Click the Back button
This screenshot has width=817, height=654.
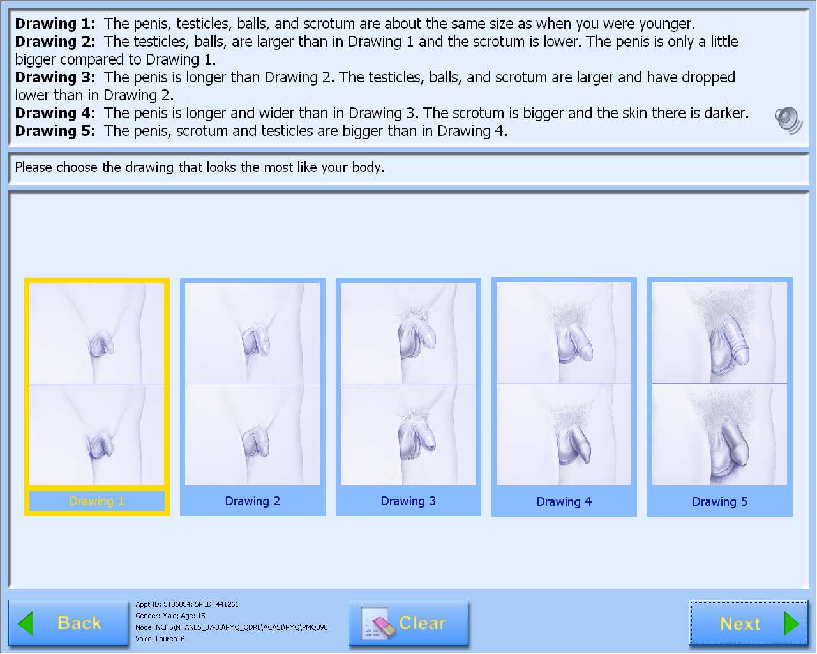click(68, 623)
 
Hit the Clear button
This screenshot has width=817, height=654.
click(408, 623)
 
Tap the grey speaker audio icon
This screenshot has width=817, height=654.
click(788, 121)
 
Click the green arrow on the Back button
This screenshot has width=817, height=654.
click(26, 623)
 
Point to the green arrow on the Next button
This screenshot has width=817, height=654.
click(791, 623)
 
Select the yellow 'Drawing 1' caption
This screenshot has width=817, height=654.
click(97, 501)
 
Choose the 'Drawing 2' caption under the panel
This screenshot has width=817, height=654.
click(253, 501)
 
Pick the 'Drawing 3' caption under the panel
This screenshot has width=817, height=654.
click(408, 501)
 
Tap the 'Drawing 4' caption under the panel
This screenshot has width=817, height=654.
click(564, 501)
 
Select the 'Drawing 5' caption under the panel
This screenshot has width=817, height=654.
click(720, 501)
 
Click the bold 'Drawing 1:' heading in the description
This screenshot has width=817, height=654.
click(56, 24)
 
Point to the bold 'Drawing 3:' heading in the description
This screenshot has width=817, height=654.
click(56, 77)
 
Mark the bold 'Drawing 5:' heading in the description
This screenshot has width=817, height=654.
click(56, 131)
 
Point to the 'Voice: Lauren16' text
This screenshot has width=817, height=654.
click(160, 639)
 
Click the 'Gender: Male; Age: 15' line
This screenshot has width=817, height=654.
click(170, 616)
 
